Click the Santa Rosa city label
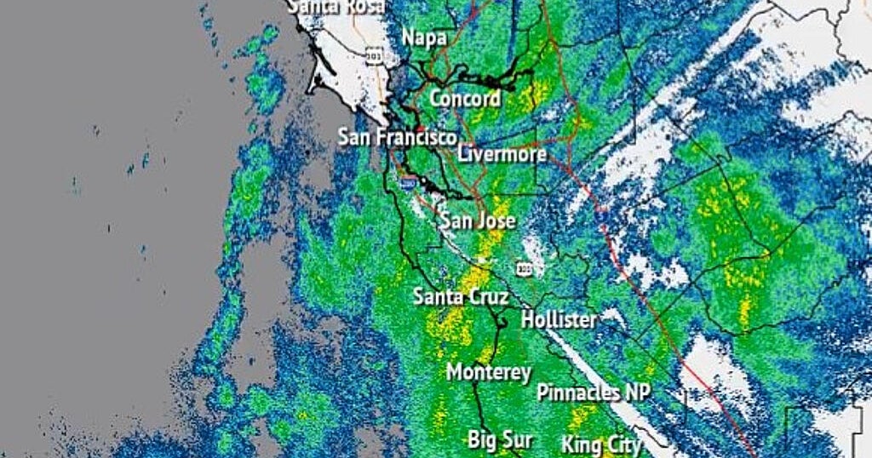click(x=336, y=6)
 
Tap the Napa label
click(x=424, y=38)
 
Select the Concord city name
click(x=464, y=98)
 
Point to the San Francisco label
click(x=398, y=136)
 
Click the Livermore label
click(x=502, y=154)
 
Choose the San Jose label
click(x=477, y=221)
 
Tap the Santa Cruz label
click(x=461, y=297)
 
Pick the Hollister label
click(x=559, y=320)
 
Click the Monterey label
click(x=489, y=372)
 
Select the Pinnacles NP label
click(x=594, y=392)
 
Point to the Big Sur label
click(x=501, y=439)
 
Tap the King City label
click(x=600, y=444)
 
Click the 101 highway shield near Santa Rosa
click(x=374, y=56)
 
